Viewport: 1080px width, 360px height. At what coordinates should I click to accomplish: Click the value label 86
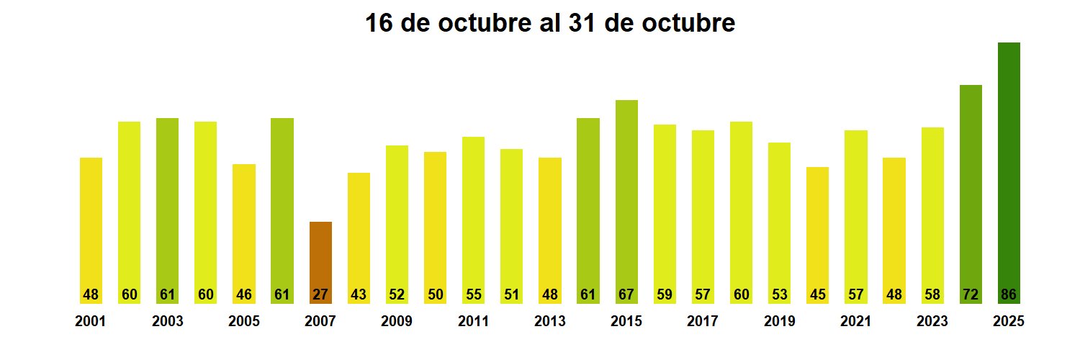point(1009,294)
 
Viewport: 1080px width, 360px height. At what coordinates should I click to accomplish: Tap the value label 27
point(320,294)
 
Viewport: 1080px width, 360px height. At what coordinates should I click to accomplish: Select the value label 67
point(626,294)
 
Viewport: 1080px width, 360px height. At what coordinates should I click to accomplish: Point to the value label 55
point(473,294)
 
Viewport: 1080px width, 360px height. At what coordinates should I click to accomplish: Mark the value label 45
point(817,294)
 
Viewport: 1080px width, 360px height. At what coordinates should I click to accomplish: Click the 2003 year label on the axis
point(167,322)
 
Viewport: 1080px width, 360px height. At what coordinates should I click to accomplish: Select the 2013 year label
point(549,322)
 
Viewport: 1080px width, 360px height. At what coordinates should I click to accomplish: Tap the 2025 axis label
point(1009,322)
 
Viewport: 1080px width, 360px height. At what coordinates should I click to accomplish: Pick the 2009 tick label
point(397,322)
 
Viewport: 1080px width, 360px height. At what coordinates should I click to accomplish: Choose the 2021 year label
point(855,322)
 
